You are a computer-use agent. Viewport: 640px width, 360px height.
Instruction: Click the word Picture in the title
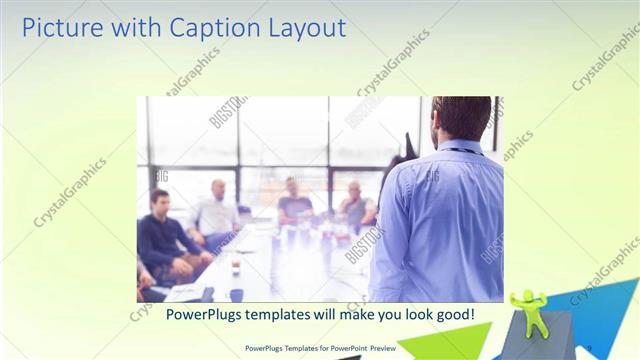pyautogui.click(x=59, y=28)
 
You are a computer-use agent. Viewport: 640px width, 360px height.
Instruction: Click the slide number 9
pyautogui.click(x=589, y=347)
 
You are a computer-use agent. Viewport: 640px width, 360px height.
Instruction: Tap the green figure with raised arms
pyautogui.click(x=527, y=311)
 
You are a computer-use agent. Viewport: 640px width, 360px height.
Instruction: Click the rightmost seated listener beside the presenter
pyautogui.click(x=356, y=205)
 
